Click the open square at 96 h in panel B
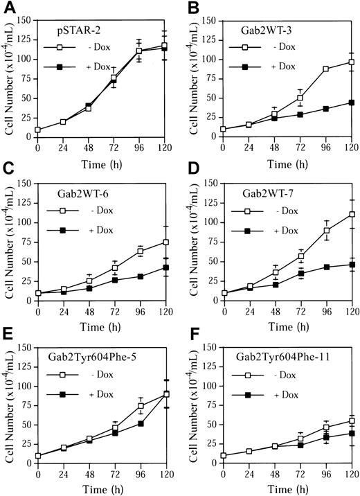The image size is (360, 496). point(325,69)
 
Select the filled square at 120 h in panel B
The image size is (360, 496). point(352,103)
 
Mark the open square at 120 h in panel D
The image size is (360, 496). point(352,214)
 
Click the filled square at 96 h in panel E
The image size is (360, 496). point(141,423)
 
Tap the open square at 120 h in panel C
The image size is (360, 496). point(165,242)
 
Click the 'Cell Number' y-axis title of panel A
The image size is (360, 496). point(9,76)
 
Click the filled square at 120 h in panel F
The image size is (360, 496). point(352,433)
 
